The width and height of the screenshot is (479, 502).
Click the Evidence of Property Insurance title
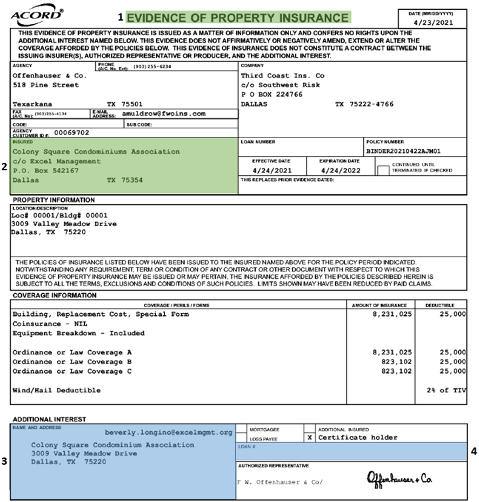(x=238, y=17)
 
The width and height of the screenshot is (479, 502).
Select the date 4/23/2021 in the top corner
(x=430, y=23)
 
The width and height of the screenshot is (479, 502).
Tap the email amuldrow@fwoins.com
(x=164, y=114)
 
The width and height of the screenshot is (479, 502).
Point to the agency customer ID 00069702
(x=72, y=132)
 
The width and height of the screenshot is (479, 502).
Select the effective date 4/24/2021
(x=271, y=170)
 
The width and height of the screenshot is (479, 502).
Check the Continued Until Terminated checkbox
(x=383, y=170)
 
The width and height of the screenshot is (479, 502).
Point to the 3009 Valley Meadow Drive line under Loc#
(x=64, y=224)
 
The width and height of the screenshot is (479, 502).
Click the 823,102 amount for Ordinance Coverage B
(x=392, y=362)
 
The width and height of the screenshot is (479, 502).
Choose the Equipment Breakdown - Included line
(x=78, y=333)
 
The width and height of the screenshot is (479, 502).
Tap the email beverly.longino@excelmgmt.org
(x=168, y=433)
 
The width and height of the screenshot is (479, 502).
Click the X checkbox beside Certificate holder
(x=309, y=437)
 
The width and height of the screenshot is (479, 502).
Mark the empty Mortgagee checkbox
(x=241, y=429)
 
